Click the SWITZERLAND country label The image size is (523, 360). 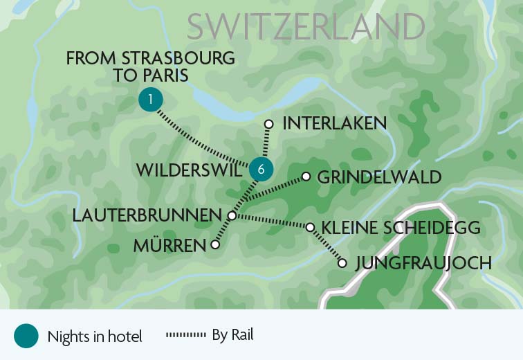306,27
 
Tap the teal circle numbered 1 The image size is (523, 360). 150,100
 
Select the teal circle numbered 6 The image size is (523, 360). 261,168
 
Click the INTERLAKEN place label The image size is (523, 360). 334,124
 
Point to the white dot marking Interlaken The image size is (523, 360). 269,125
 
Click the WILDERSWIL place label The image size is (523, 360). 190,170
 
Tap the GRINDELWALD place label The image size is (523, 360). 378,177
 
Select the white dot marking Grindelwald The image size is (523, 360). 306,177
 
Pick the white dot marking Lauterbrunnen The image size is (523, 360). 231,216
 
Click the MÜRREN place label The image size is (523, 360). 171,245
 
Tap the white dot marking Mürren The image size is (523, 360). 215,244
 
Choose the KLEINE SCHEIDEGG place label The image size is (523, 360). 401,228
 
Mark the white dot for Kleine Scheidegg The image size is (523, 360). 310,227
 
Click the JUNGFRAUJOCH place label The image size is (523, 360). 423,263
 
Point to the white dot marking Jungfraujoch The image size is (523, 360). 342,263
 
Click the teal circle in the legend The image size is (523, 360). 26,336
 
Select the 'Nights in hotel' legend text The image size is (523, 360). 95,337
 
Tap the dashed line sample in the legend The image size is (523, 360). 186,336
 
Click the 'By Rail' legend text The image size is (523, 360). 232,336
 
